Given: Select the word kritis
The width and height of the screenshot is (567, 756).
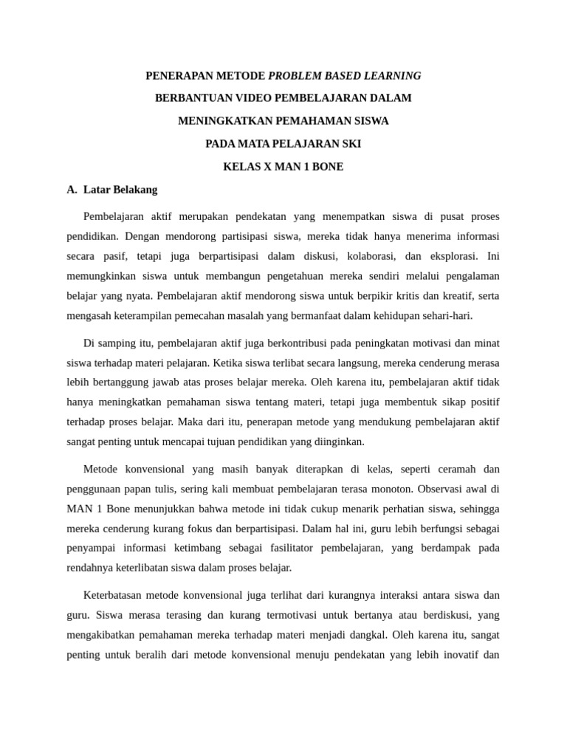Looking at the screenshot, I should click(410, 296).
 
